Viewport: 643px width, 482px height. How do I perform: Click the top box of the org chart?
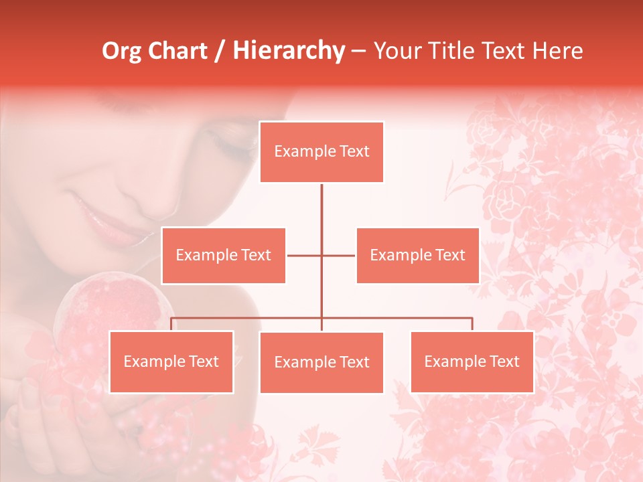click(321, 152)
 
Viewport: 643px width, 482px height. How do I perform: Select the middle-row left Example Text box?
click(224, 255)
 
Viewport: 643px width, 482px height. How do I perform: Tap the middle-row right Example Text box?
click(417, 255)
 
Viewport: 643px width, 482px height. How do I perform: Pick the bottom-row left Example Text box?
click(171, 362)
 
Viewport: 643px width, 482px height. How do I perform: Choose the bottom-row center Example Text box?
click(321, 363)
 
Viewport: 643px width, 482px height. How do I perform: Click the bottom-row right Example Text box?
click(472, 362)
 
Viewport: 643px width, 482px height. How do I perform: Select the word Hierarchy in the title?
click(289, 51)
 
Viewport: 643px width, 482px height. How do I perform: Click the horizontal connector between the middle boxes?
click(305, 255)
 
